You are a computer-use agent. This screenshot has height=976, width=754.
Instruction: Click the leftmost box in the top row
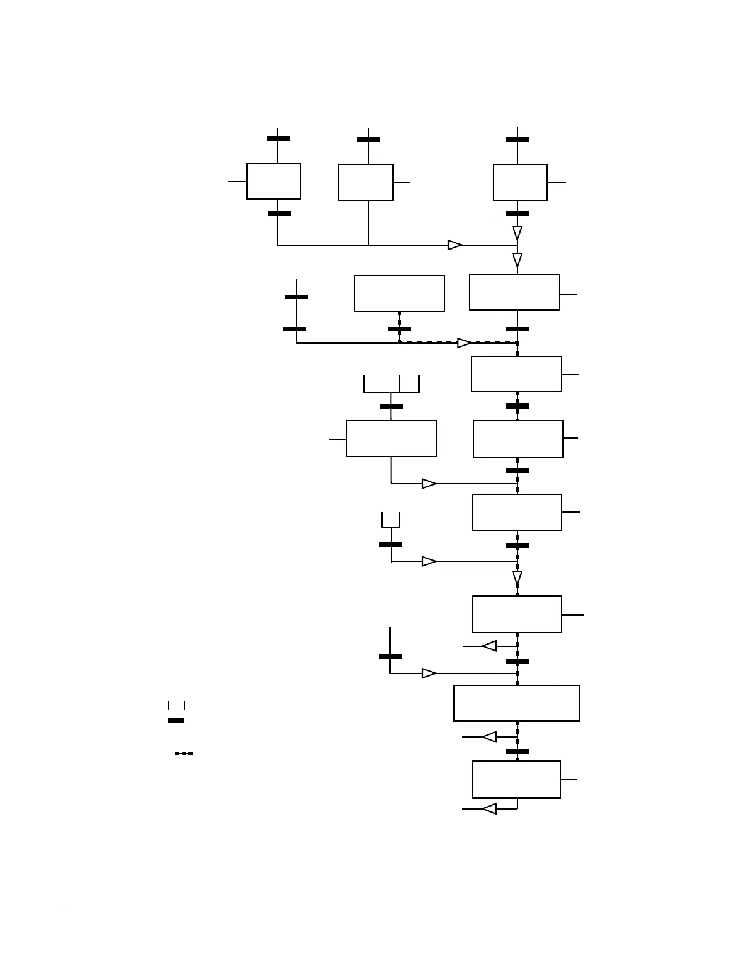point(274,181)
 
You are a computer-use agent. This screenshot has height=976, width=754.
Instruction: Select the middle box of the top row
point(365,182)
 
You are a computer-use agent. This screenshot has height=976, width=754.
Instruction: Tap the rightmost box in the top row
point(520,182)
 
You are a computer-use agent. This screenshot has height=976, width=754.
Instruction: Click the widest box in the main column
point(516,703)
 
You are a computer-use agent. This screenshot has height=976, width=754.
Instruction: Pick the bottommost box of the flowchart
point(516,779)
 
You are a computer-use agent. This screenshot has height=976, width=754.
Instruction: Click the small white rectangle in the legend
point(176,706)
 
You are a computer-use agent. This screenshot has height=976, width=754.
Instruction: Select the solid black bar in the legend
point(176,720)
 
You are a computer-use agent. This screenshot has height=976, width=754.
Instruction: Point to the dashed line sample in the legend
point(184,754)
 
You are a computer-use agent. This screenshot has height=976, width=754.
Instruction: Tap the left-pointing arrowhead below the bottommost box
point(489,808)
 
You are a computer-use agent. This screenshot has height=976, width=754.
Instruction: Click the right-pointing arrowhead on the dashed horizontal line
point(464,343)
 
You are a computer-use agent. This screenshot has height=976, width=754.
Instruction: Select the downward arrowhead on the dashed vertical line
point(517,578)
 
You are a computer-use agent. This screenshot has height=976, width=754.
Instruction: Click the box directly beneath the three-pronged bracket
point(391,439)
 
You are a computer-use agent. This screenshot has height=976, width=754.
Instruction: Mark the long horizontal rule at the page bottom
point(365,905)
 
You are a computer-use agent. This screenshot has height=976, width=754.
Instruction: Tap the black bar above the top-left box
point(278,139)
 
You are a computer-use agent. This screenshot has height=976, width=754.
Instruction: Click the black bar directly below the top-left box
point(279,214)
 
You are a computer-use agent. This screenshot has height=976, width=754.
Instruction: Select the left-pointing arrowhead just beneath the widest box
point(490,737)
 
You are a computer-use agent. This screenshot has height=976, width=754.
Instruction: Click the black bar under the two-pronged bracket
point(391,544)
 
